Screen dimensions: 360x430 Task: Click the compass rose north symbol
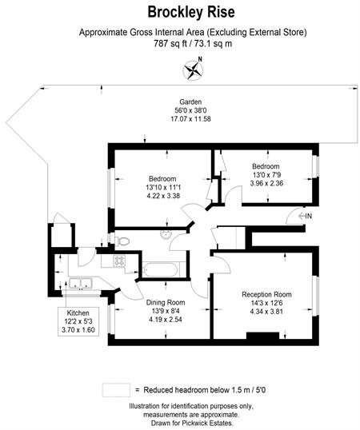point(194,69)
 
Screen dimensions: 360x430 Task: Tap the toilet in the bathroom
point(122,241)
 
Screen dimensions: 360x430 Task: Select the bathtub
point(161,269)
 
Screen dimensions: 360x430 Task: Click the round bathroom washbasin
point(166,234)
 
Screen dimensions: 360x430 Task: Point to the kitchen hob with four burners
point(119,261)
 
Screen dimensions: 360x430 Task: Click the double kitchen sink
point(80,283)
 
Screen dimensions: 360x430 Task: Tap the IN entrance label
point(306,216)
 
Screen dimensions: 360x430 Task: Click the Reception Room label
point(266,295)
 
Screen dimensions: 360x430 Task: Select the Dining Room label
point(166,302)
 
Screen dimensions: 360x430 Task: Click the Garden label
point(190,102)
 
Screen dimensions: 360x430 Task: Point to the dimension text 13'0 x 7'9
point(266,175)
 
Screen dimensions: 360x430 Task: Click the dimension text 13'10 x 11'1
point(163,188)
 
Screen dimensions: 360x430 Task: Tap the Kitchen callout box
point(78,321)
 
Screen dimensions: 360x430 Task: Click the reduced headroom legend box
point(116,390)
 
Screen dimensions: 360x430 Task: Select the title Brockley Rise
point(191,12)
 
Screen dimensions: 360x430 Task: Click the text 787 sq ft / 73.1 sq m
point(193,44)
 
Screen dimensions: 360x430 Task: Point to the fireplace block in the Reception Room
point(262,336)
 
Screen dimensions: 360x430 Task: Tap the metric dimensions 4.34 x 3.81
point(266,312)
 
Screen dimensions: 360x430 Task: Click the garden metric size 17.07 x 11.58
point(190,119)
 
